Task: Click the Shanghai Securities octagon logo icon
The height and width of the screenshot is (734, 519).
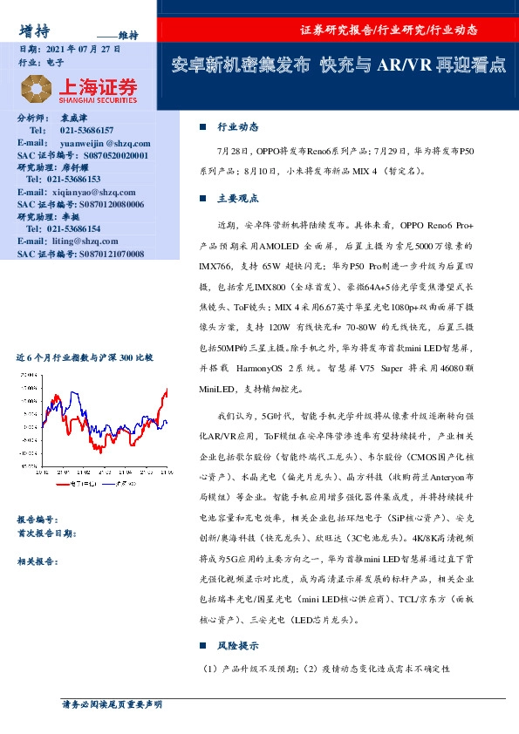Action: pyautogui.click(x=34, y=89)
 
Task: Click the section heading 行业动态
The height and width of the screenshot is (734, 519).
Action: pyautogui.click(x=237, y=126)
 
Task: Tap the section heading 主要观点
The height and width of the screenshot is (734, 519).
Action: pyautogui.click(x=237, y=198)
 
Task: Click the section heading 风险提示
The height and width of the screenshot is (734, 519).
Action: pyautogui.click(x=237, y=646)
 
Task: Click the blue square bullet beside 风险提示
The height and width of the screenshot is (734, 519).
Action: pyautogui.click(x=203, y=646)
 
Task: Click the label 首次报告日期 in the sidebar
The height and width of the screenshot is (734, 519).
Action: pyautogui.click(x=51, y=533)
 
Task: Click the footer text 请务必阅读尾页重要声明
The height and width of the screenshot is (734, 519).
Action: pyautogui.click(x=112, y=703)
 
